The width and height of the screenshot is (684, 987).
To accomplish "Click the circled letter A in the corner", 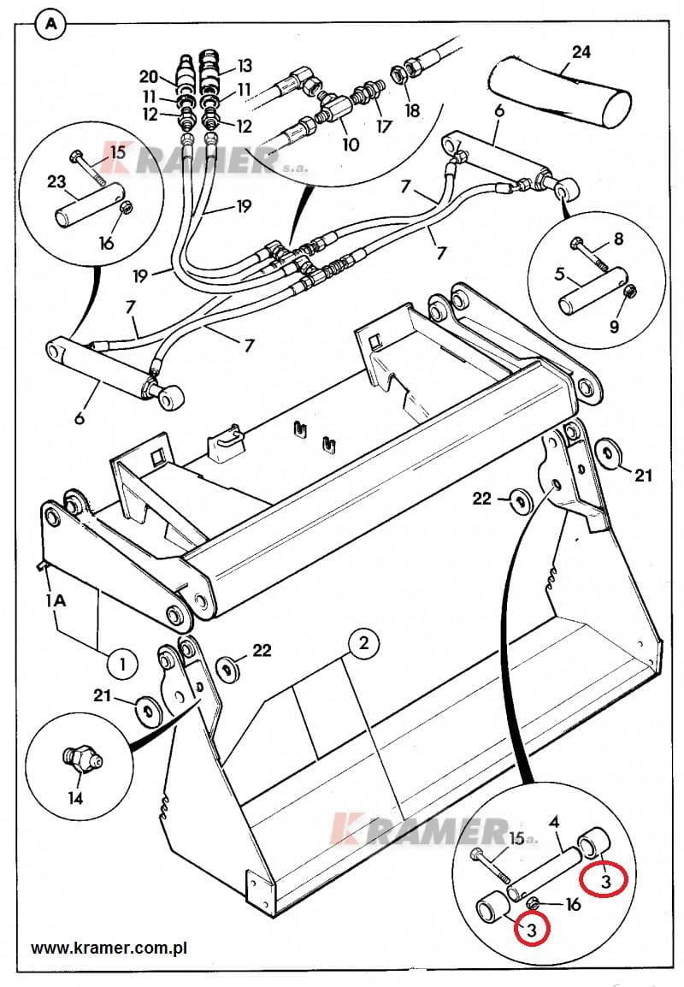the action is (x=51, y=24).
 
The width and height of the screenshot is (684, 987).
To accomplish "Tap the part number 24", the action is (x=581, y=51).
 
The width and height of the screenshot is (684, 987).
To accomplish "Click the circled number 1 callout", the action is (x=122, y=664).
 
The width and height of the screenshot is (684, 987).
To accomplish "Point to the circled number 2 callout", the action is (x=363, y=643).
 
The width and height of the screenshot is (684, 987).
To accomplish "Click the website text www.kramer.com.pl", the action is (x=109, y=948).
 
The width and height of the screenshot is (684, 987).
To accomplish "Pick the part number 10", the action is (x=351, y=145).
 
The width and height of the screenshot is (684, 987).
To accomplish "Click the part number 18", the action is (x=411, y=110).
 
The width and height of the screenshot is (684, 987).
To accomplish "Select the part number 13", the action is (x=245, y=66).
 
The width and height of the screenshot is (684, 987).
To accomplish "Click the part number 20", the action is (x=149, y=77).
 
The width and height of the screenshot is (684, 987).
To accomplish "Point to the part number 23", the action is (x=56, y=182).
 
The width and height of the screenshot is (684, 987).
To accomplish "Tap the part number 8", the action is (x=618, y=239).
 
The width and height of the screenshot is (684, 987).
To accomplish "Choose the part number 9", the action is (x=615, y=325).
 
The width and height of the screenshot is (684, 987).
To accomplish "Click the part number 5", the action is (x=559, y=274).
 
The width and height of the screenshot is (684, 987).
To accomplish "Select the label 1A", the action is (x=56, y=601).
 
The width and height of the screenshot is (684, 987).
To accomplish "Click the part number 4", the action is (x=554, y=822).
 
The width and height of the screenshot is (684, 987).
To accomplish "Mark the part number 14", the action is (x=75, y=798).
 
